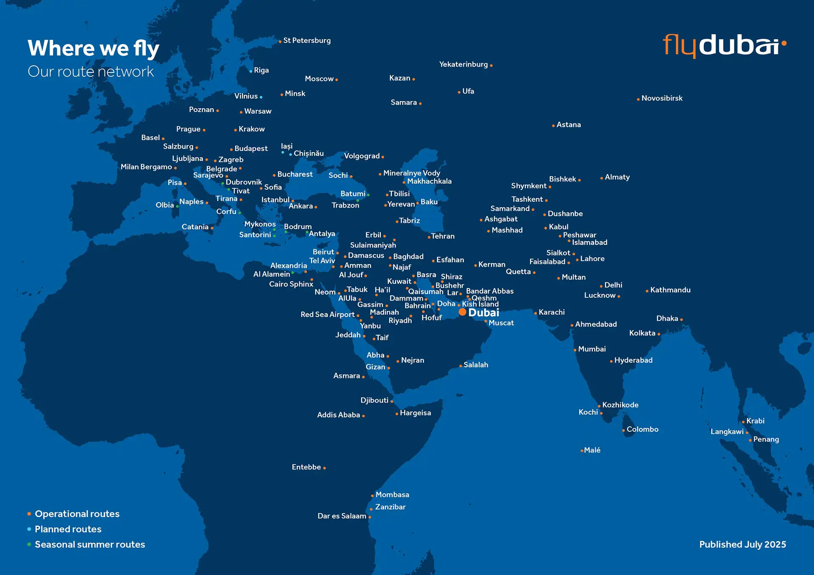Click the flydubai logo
724,45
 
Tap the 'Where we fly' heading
93,48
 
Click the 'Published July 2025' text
742,544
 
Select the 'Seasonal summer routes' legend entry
89,544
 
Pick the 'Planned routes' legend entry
68,529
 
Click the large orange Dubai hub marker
463,312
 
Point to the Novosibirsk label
662,98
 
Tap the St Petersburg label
307,41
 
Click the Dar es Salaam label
342,516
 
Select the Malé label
592,450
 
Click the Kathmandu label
670,290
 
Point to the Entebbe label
306,467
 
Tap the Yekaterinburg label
463,64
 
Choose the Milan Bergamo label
146,167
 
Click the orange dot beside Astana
553,126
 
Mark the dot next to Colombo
623,431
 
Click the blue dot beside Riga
251,71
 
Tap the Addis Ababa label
338,415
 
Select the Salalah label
476,365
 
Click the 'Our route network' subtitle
91,72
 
